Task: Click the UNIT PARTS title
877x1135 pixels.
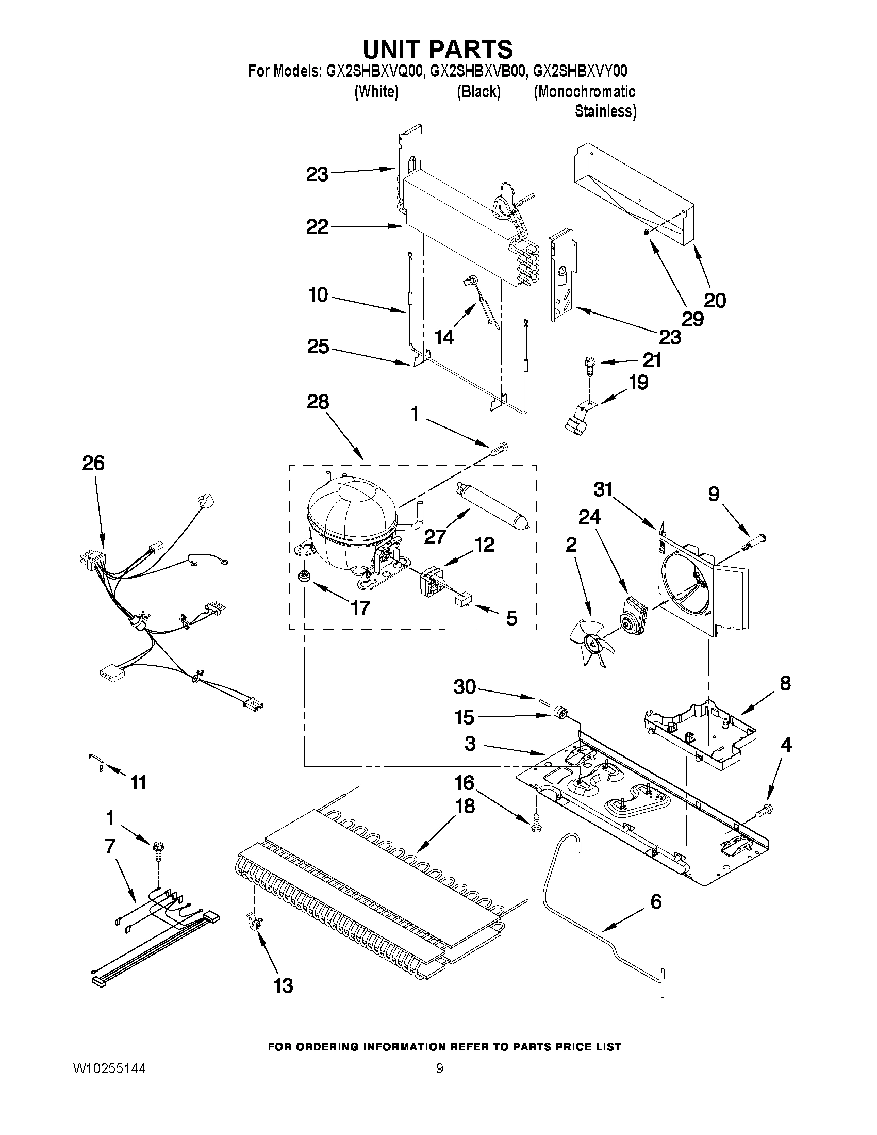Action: tap(437, 50)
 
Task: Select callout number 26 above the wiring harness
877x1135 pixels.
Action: tap(93, 463)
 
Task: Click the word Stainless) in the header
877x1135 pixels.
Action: tap(605, 111)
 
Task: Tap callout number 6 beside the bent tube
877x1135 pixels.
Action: tap(656, 902)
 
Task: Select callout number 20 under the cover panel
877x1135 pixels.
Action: tap(715, 300)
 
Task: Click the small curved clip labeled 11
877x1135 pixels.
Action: tap(97, 764)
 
